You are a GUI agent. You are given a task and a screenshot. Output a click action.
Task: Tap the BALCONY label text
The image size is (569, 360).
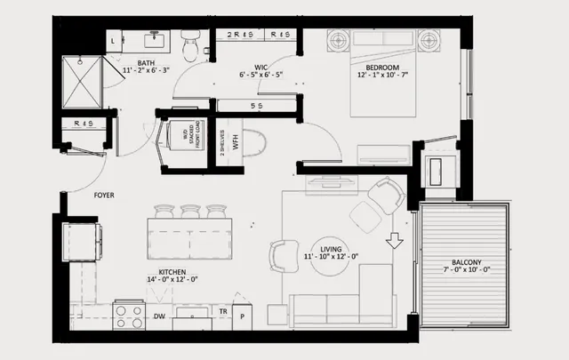pyautogui.click(x=466, y=261)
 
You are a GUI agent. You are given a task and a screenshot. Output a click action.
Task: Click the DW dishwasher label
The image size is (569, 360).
pyautogui.click(x=160, y=316)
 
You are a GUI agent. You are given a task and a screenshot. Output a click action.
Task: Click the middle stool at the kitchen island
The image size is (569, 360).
pyautogui.click(x=190, y=212)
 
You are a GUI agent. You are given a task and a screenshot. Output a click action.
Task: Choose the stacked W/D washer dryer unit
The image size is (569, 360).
pyautogui.click(x=187, y=140)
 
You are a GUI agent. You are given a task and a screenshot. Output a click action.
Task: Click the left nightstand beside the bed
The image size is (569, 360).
pyautogui.click(x=340, y=40)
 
